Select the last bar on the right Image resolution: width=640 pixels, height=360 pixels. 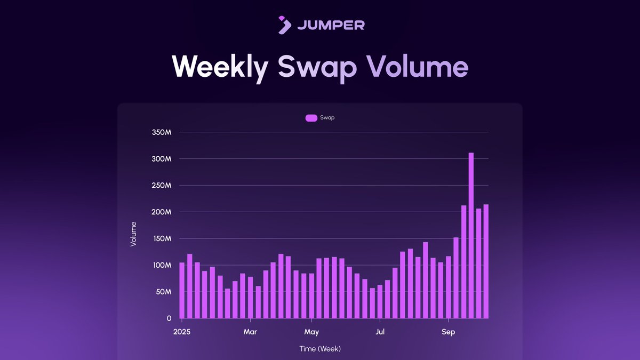point(486,261)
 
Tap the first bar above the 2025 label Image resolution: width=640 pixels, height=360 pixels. point(182,291)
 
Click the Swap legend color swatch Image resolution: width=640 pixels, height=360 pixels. point(311,118)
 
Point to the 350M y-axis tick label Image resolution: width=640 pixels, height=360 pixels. point(161,132)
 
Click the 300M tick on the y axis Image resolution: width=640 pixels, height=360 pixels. point(161,159)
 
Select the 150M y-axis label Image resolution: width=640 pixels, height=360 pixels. point(161,238)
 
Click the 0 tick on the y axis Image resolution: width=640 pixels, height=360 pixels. point(169,318)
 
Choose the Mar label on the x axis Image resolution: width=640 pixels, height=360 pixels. point(250,332)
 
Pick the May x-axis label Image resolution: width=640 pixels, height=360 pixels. point(311,332)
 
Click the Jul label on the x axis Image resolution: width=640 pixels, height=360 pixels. point(380,332)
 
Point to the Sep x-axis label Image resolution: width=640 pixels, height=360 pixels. point(449,332)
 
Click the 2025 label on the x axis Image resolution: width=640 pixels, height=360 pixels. point(182,332)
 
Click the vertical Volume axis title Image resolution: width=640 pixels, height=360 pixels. point(133,234)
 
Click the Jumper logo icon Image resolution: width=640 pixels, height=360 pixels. point(285,25)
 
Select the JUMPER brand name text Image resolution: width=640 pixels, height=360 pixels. point(331,25)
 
